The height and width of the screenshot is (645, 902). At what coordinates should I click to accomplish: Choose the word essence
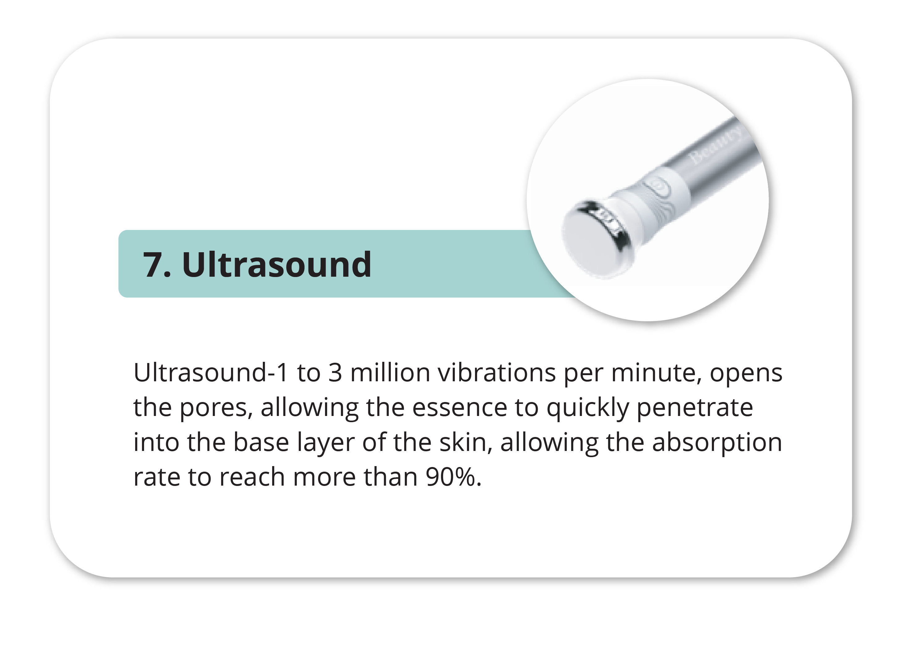click(x=460, y=409)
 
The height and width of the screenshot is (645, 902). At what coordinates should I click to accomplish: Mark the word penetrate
click(x=695, y=409)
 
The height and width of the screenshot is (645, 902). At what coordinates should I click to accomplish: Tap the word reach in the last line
click(x=252, y=477)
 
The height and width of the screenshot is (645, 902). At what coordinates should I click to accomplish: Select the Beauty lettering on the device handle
click(x=716, y=145)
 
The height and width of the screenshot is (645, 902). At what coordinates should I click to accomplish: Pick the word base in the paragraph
click(x=261, y=443)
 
